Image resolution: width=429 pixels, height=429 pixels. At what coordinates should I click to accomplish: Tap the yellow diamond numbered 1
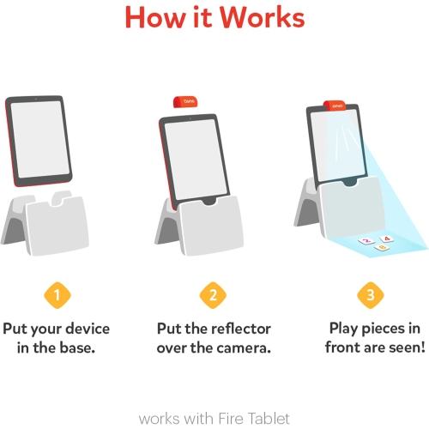pyautogui.click(x=57, y=296)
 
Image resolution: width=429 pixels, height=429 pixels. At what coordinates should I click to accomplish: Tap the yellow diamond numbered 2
pyautogui.click(x=214, y=296)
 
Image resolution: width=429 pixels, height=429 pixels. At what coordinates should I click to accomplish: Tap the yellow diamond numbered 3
pyautogui.click(x=371, y=296)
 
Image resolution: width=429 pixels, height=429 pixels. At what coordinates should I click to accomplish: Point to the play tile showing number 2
pyautogui.click(x=367, y=243)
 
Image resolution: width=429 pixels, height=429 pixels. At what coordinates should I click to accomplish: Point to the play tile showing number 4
pyautogui.click(x=386, y=239)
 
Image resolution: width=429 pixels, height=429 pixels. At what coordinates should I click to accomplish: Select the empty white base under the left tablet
pyautogui.click(x=56, y=228)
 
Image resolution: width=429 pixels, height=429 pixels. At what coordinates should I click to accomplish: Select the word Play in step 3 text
pyautogui.click(x=347, y=329)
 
